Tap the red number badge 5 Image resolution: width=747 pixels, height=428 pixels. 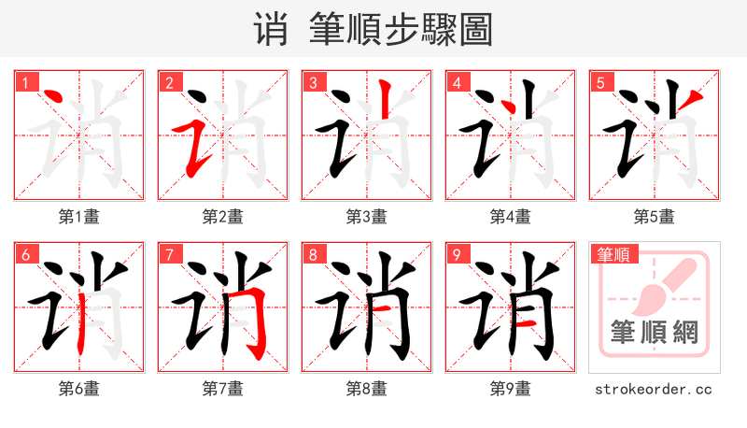click(x=600, y=83)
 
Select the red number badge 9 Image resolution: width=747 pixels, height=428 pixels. click(x=457, y=253)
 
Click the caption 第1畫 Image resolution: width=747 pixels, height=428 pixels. click(x=79, y=217)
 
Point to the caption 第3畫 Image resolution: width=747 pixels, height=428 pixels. click(x=367, y=217)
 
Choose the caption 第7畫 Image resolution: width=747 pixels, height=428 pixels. click(x=223, y=388)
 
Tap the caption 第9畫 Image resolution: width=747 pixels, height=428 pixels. click(x=511, y=388)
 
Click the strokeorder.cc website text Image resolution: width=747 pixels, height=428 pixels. click(x=655, y=388)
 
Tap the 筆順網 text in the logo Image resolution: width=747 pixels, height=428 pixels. click(x=654, y=332)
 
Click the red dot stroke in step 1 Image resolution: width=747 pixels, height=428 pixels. click(x=52, y=96)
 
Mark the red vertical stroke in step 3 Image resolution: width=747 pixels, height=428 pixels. click(x=382, y=103)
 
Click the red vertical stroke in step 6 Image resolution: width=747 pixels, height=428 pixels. click(x=81, y=318)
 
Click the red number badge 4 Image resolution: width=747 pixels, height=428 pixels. click(x=457, y=83)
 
